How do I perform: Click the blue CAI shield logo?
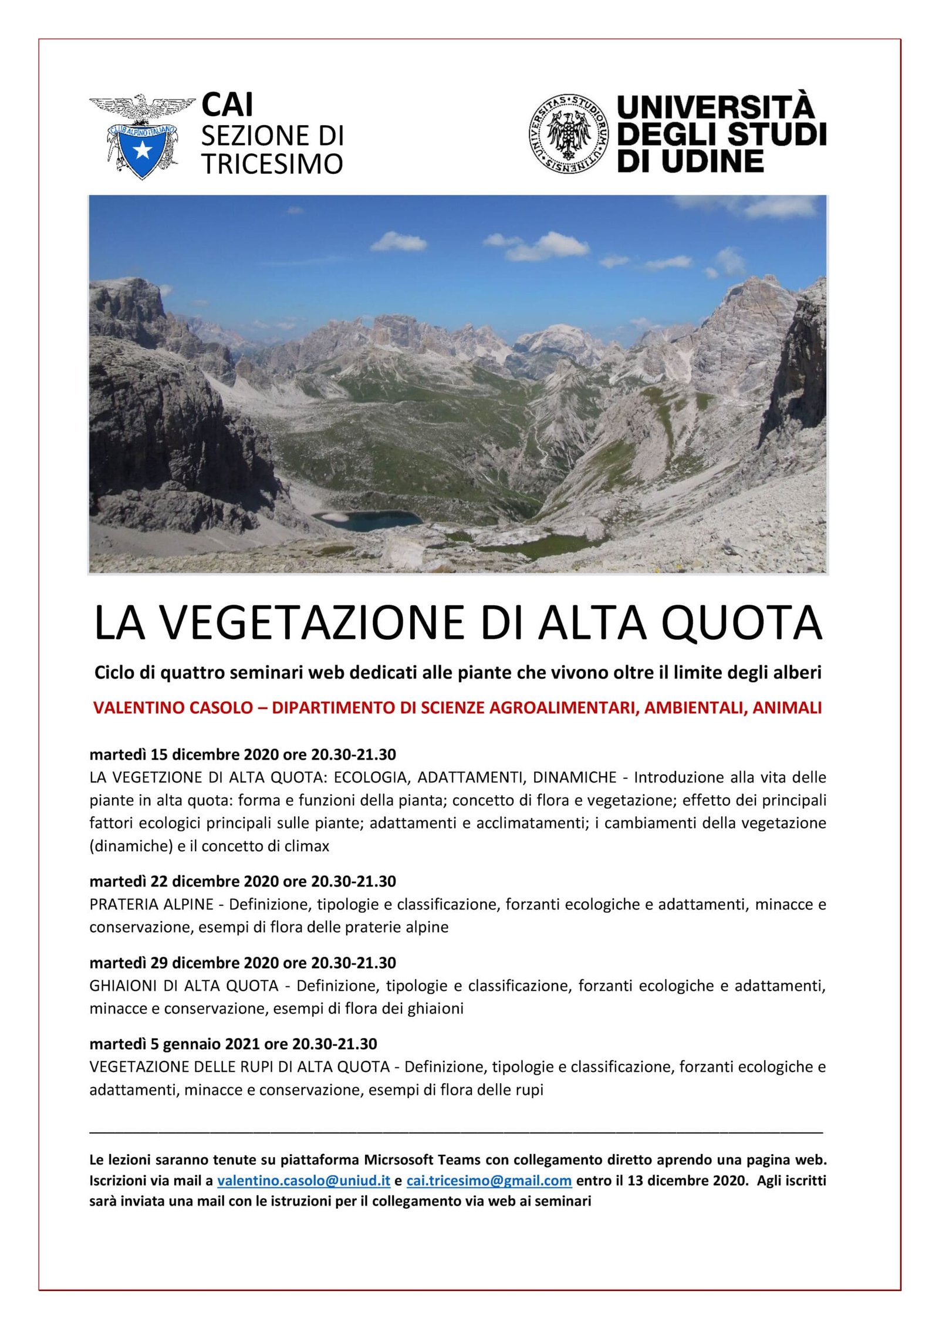tap(141, 150)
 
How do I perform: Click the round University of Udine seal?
tap(568, 134)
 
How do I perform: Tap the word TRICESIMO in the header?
tap(272, 164)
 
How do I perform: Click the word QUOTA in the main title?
tap(741, 623)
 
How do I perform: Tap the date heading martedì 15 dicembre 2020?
tap(242, 754)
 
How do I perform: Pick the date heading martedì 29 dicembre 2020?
tap(242, 963)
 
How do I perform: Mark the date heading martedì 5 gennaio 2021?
tap(233, 1044)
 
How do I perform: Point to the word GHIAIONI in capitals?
tap(122, 986)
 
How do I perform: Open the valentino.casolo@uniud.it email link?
tap(303, 1181)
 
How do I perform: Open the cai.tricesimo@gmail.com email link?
tap(489, 1181)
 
